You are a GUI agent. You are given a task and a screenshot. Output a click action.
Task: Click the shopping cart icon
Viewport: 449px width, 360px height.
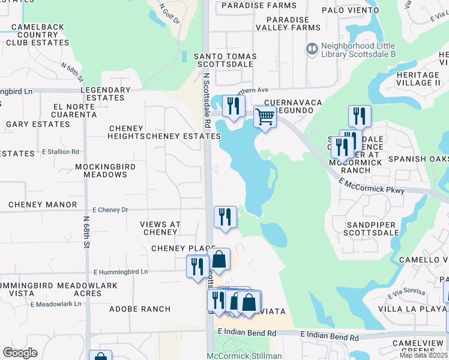(x=265, y=116)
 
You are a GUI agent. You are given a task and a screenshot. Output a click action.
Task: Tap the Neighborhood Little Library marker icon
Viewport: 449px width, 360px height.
(x=312, y=48)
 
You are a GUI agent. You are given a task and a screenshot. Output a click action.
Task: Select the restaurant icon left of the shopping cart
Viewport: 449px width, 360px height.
(x=232, y=106)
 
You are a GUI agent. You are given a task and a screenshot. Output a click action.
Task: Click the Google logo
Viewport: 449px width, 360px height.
(x=20, y=353)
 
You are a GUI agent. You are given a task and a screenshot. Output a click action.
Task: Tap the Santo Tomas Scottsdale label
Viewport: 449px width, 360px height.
(x=225, y=60)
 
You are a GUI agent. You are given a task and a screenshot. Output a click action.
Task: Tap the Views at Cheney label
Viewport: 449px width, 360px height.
(x=160, y=228)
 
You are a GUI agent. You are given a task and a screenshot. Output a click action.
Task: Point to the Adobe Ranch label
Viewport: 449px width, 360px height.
(x=139, y=309)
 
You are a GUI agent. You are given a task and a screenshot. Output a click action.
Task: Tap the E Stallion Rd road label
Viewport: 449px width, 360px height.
(x=60, y=152)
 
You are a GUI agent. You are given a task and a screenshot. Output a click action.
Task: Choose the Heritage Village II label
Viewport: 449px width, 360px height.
(x=418, y=78)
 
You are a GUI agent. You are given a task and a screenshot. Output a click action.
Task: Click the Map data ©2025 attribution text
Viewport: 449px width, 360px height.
(x=423, y=355)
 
